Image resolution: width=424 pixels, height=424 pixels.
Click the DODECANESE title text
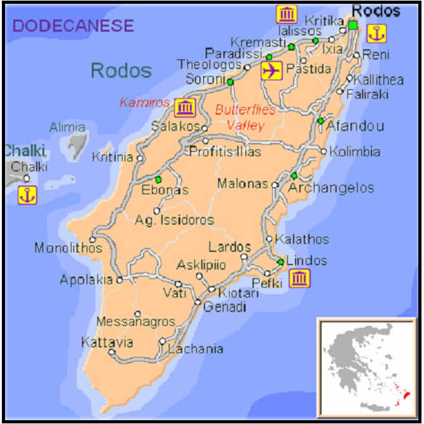coord(73,26)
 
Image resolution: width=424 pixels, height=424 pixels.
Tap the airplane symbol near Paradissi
coord(271,71)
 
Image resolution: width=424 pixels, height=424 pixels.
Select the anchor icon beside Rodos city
coord(377,33)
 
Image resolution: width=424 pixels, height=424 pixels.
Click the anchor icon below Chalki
coord(27,195)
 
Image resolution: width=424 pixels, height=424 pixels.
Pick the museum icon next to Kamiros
coord(185,108)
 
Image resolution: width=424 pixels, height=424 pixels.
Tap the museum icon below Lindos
coord(299,278)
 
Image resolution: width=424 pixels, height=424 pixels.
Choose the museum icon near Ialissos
coord(287,13)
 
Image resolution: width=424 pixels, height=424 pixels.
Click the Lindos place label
coord(307,261)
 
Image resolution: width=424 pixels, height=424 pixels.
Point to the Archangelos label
coord(331,188)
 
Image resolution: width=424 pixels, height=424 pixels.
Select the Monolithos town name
coord(68,248)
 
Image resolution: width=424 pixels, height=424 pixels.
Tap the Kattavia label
coord(107,342)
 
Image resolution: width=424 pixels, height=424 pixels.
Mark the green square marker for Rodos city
coord(352,25)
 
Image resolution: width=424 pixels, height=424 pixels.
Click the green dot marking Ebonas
coord(158,179)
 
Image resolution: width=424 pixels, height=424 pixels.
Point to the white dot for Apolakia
coord(119,279)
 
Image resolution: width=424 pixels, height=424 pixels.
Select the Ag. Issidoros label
coord(175,220)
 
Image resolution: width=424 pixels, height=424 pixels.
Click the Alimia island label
coord(67,127)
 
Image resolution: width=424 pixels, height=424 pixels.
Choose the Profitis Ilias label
coord(225,152)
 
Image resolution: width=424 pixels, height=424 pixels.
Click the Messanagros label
coord(135,322)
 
